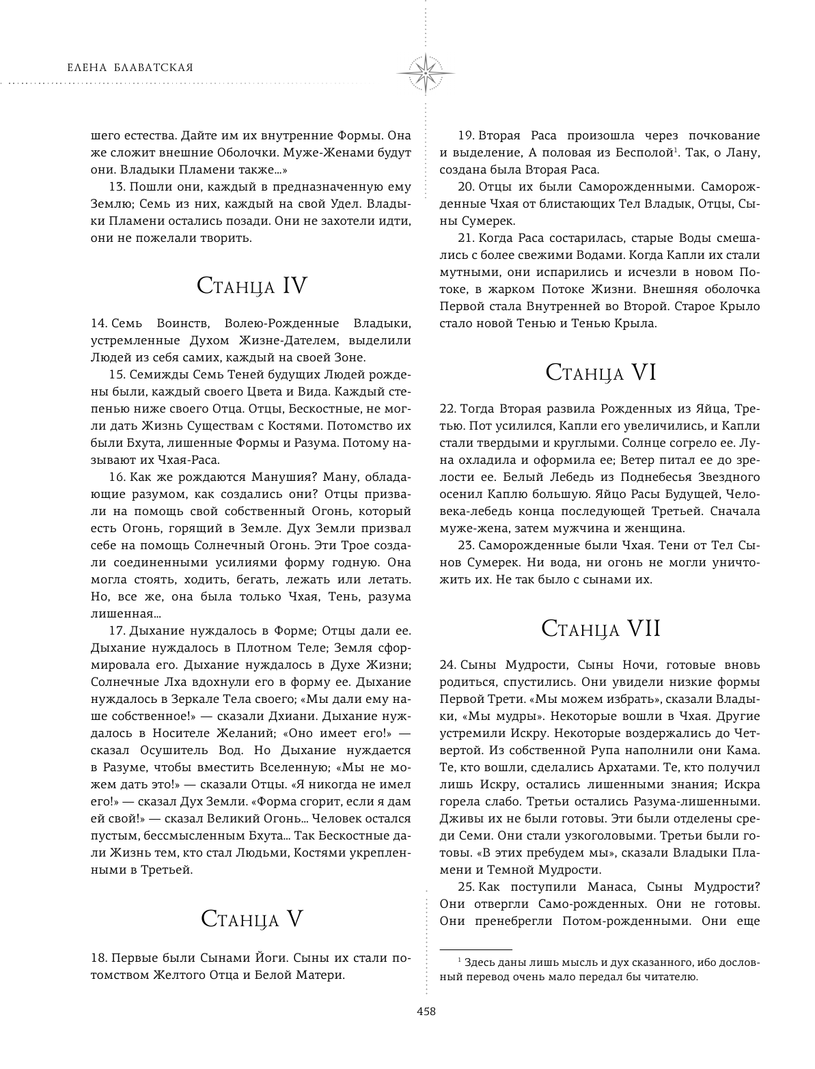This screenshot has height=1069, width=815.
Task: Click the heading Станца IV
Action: pyautogui.click(x=251, y=286)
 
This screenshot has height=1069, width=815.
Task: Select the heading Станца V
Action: pyautogui.click(x=251, y=919)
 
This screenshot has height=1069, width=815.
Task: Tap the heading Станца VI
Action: pyautogui.click(x=601, y=372)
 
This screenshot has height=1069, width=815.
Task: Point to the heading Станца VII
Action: pyautogui.click(x=601, y=628)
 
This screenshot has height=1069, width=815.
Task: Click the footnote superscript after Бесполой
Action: pyautogui.click(x=676, y=150)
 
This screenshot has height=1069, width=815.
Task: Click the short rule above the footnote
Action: pyautogui.click(x=475, y=949)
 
